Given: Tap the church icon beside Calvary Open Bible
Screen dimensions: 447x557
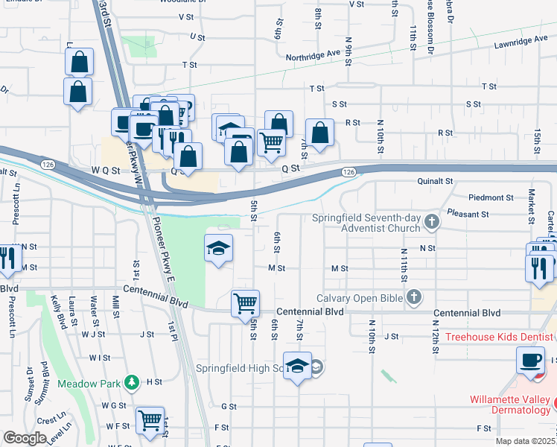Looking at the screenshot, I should click(x=415, y=298).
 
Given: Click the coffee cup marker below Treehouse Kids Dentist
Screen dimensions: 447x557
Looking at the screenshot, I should click(x=531, y=361).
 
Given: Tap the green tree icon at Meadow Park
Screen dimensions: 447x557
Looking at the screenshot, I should click(x=132, y=381).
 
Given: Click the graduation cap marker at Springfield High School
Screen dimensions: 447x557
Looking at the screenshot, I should click(x=297, y=366).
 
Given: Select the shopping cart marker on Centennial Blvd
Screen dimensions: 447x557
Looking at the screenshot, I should click(x=245, y=304).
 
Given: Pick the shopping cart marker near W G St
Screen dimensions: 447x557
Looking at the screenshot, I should click(x=150, y=420).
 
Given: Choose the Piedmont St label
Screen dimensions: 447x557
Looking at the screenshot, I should click(x=491, y=197).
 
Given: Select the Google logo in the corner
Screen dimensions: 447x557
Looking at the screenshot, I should click(x=25, y=437).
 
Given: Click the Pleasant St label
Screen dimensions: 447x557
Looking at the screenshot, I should click(x=468, y=214).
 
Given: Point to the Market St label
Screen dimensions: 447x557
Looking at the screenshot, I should click(x=531, y=206).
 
